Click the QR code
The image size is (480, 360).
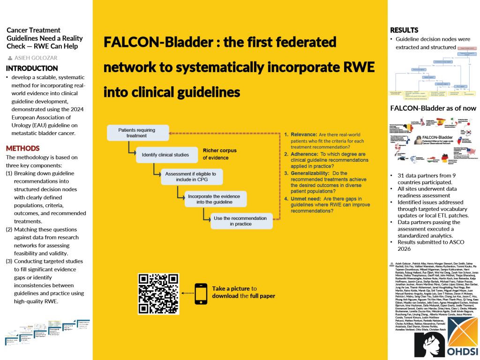pyautogui.click(x=159, y=293)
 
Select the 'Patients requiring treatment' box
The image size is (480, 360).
pyautogui.click(x=137, y=133)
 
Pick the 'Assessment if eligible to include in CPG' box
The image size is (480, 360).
pyautogui.click(x=191, y=177)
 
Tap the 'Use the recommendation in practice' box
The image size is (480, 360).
pyautogui.click(x=240, y=221)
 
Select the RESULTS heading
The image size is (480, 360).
pyautogui.click(x=404, y=30)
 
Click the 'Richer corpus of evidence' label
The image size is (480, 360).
pyautogui.click(x=219, y=154)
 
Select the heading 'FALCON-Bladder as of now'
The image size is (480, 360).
pyautogui.click(x=433, y=108)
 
